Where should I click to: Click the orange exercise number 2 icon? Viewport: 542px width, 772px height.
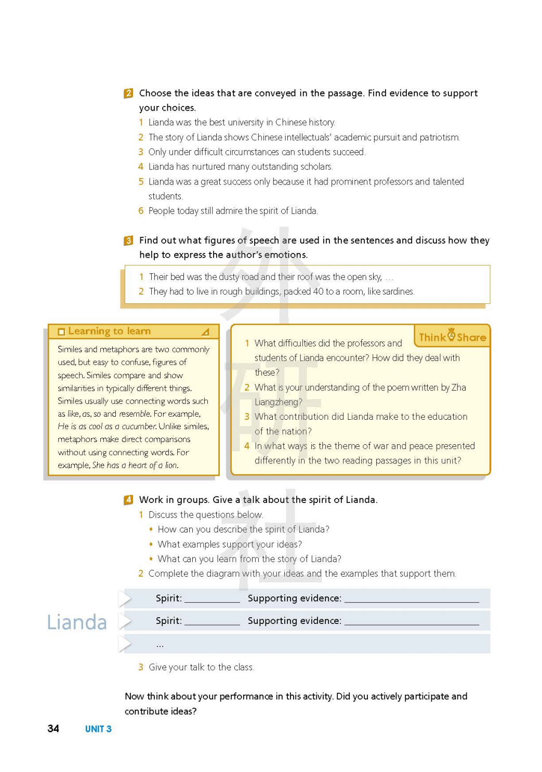(128, 94)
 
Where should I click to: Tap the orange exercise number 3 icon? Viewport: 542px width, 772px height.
(128, 241)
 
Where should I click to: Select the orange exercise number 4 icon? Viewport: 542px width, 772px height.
(128, 500)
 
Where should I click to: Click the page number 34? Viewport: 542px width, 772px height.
(53, 728)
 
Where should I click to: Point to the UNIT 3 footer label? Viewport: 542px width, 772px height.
(98, 729)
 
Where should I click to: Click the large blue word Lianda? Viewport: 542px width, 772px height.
(77, 622)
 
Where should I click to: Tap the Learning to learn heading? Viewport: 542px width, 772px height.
(109, 331)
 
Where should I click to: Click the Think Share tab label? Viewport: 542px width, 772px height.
(452, 337)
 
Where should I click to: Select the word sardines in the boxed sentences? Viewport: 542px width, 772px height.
(399, 291)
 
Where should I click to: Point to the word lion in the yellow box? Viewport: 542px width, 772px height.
(171, 465)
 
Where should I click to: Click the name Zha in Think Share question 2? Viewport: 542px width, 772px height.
(459, 388)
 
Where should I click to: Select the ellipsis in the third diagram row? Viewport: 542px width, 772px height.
(160, 645)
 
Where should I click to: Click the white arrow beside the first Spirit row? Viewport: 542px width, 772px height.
(125, 598)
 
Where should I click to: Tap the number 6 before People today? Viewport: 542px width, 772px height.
(141, 211)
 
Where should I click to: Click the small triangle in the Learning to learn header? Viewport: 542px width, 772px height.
(205, 331)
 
